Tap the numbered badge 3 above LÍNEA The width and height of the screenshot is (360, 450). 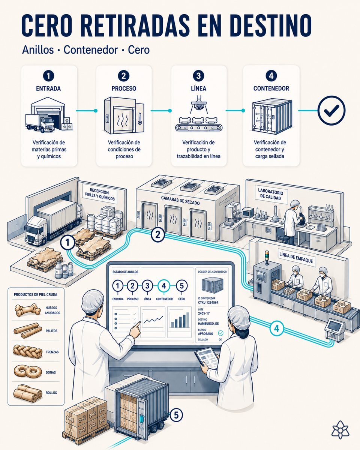pyautogui.click(x=198, y=76)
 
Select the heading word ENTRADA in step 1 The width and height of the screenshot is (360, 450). pyautogui.click(x=48, y=88)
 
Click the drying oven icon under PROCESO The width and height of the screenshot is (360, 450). pyautogui.click(x=124, y=115)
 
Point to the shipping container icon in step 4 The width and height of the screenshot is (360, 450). pyautogui.click(x=272, y=116)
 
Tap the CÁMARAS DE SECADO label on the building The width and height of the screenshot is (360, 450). pyautogui.click(x=180, y=200)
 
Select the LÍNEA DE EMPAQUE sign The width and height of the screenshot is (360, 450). pyautogui.click(x=296, y=258)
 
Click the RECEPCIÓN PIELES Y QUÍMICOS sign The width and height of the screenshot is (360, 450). pyautogui.click(x=100, y=194)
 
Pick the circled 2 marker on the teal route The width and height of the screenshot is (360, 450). pyautogui.click(x=157, y=235)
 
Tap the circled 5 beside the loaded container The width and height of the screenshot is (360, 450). pyautogui.click(x=176, y=415)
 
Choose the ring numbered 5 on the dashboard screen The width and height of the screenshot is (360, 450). pyautogui.click(x=181, y=286)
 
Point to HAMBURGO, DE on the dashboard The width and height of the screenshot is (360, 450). pyautogui.click(x=208, y=324)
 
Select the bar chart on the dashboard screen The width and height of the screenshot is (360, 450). pyautogui.click(x=180, y=320)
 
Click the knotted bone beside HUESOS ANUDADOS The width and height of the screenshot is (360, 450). pyautogui.click(x=28, y=310)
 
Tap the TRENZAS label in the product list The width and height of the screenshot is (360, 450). pyautogui.click(x=52, y=352)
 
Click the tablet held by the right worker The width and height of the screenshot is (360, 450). pyautogui.click(x=207, y=358)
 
